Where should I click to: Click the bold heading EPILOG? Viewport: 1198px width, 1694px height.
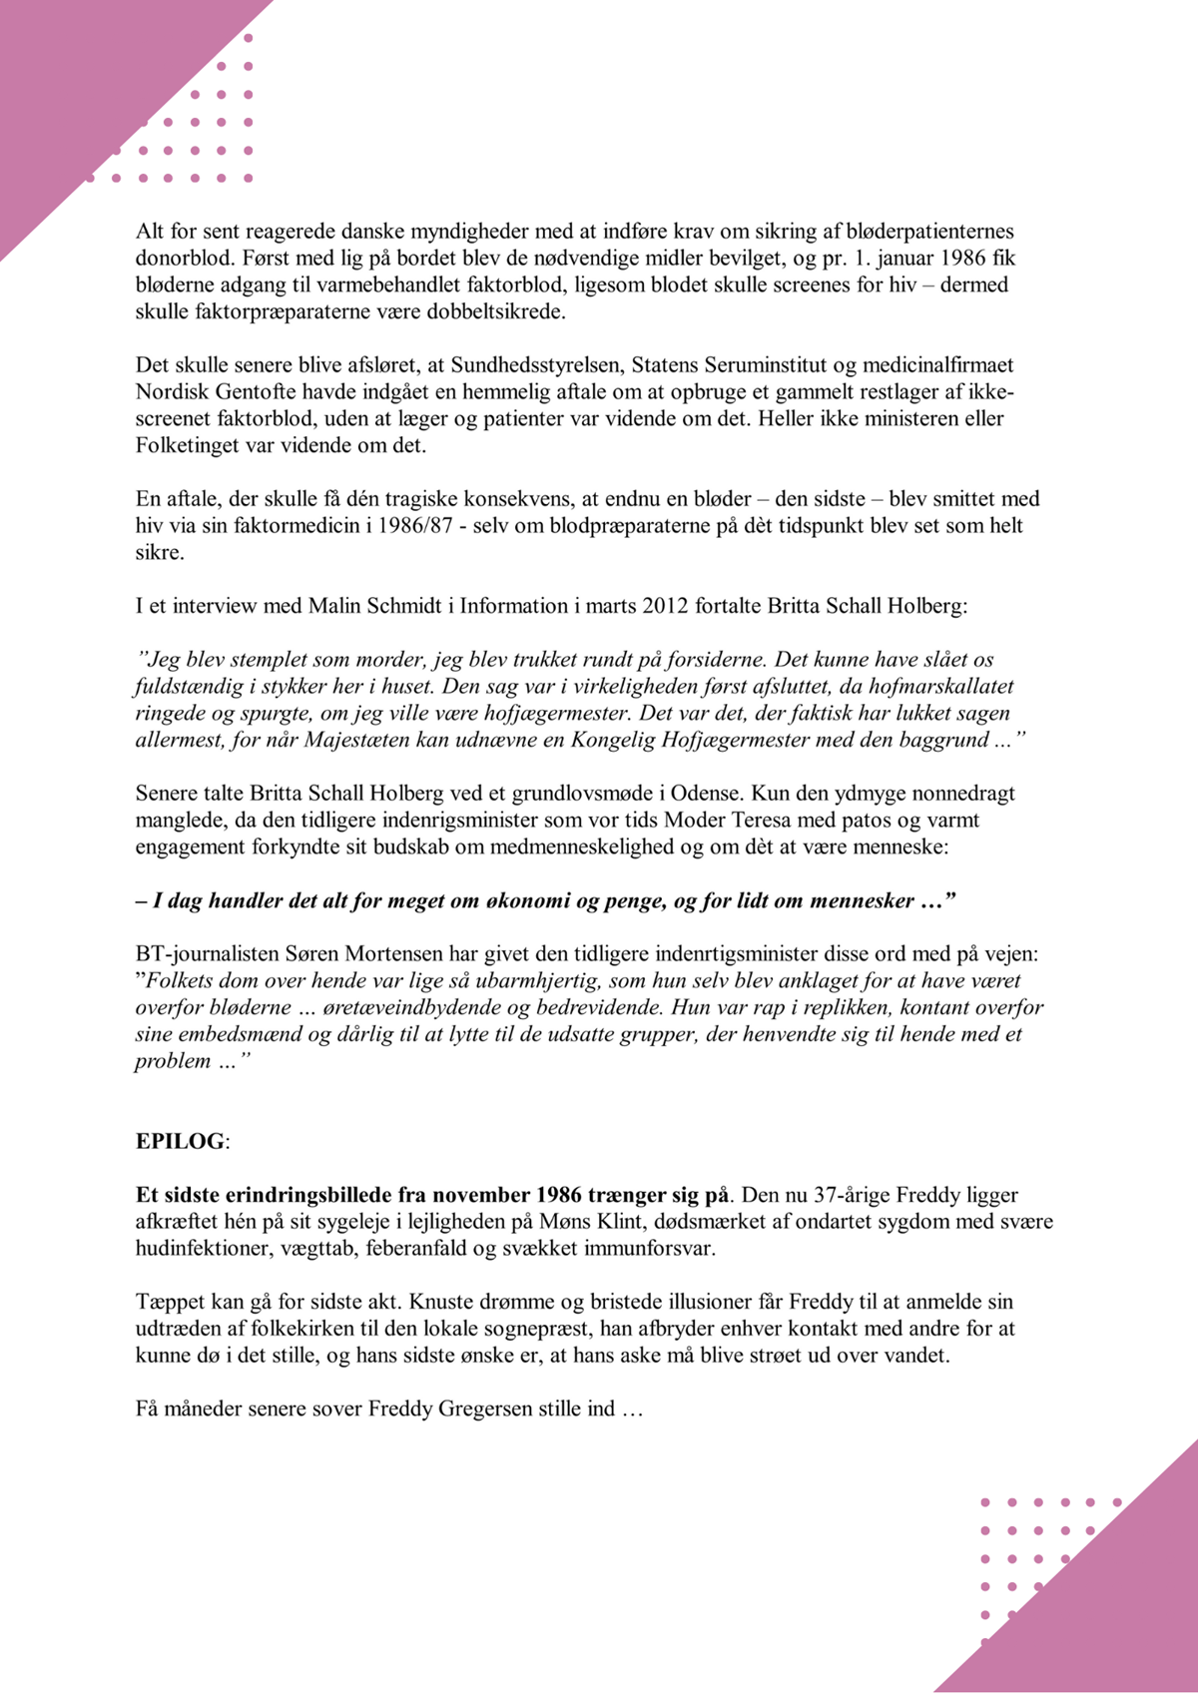coord(180,1141)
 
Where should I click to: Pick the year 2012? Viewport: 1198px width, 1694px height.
coord(665,606)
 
